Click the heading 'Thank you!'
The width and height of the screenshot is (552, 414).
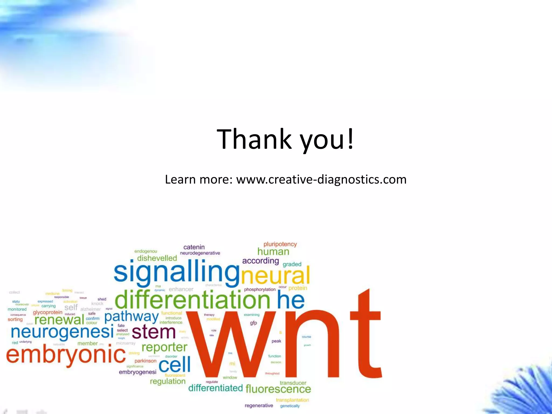[285, 139]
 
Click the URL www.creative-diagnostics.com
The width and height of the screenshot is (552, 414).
[321, 180]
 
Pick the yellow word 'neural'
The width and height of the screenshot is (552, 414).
[275, 275]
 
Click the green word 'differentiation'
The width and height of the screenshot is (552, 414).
[192, 300]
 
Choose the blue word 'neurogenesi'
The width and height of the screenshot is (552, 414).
[62, 332]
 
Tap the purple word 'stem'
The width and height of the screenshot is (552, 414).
[154, 332]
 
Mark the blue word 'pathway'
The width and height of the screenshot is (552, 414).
[132, 317]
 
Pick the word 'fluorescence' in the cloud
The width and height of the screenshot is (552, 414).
[278, 389]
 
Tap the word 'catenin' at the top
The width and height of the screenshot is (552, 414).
[194, 247]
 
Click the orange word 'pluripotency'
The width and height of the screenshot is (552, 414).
[280, 244]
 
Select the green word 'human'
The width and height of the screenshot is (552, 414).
[273, 252]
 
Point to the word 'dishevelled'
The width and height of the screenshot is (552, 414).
[157, 258]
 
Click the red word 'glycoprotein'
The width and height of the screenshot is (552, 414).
[48, 312]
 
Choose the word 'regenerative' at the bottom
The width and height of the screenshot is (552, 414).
[259, 406]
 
